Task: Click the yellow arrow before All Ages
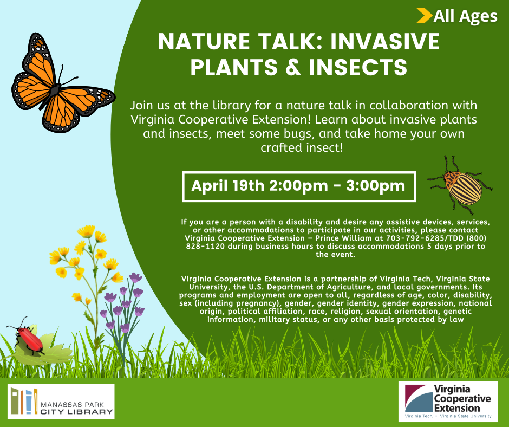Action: [x=425, y=16]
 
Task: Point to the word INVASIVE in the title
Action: [x=384, y=41]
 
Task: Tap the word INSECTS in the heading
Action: [x=358, y=67]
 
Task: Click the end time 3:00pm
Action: [x=376, y=186]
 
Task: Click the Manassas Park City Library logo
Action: [x=61, y=402]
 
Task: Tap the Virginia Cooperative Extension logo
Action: [x=448, y=402]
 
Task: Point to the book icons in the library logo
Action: [x=24, y=402]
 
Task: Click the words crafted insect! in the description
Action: [x=302, y=147]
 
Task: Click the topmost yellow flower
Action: [x=86, y=231]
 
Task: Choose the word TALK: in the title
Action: [x=290, y=41]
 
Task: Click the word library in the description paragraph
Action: [x=231, y=106]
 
